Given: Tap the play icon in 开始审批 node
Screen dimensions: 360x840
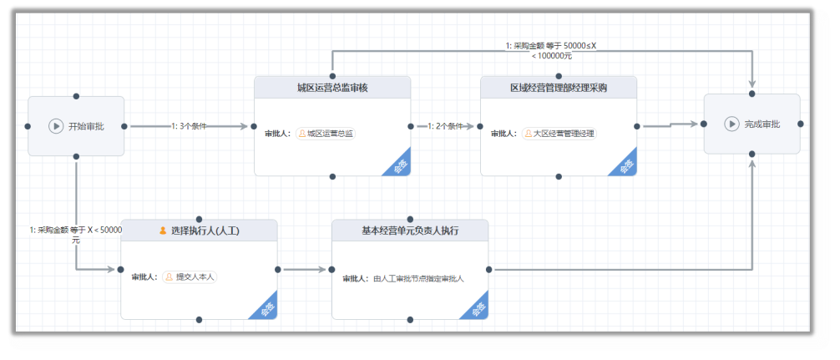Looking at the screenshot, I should [x=56, y=126].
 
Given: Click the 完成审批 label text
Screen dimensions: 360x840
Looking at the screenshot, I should [x=762, y=124].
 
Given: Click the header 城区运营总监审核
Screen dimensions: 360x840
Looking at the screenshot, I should [x=332, y=88].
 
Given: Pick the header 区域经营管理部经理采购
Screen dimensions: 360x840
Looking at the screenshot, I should [x=559, y=88].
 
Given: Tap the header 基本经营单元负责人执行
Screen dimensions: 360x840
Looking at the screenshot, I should [x=410, y=231].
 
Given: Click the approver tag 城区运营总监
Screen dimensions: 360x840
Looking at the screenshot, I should [x=326, y=133].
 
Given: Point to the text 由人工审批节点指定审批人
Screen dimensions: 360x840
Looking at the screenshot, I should [x=418, y=278].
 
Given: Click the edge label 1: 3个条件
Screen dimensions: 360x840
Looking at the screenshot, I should [x=189, y=126].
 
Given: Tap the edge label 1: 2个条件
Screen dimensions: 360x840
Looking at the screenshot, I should [x=445, y=126].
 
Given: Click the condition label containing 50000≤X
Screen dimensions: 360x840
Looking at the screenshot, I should [x=551, y=50].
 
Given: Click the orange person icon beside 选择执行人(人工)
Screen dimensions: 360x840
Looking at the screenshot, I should [x=163, y=231].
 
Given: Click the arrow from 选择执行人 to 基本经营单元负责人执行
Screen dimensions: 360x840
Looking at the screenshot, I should [x=304, y=269].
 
